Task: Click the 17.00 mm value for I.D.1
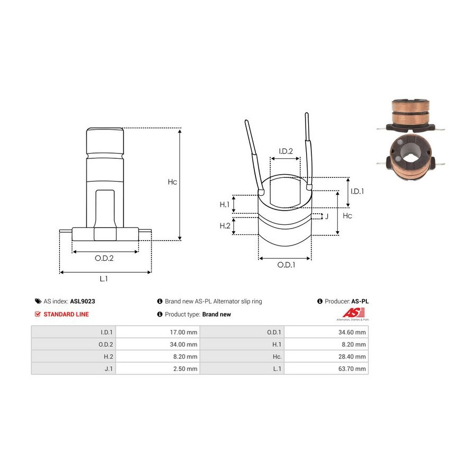tap(183, 332)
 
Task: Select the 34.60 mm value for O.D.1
tap(352, 332)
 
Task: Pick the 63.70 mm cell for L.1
tap(352, 369)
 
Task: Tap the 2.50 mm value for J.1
tap(185, 369)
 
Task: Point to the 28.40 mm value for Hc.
tap(352, 357)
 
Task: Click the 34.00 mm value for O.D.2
tap(183, 345)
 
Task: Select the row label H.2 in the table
tap(108, 357)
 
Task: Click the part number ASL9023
tap(82, 301)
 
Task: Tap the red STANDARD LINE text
tap(66, 315)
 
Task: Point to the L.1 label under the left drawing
tap(103, 279)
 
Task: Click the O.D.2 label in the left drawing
tap(104, 258)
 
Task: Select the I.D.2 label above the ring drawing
tap(286, 151)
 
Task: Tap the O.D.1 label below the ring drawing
tap(286, 265)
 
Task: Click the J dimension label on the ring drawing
tap(327, 216)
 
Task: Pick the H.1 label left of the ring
tap(224, 204)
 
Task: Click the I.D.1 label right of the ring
tap(357, 191)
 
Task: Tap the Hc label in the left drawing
tap(173, 182)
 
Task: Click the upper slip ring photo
tap(411, 116)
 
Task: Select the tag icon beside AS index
tap(38, 301)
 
